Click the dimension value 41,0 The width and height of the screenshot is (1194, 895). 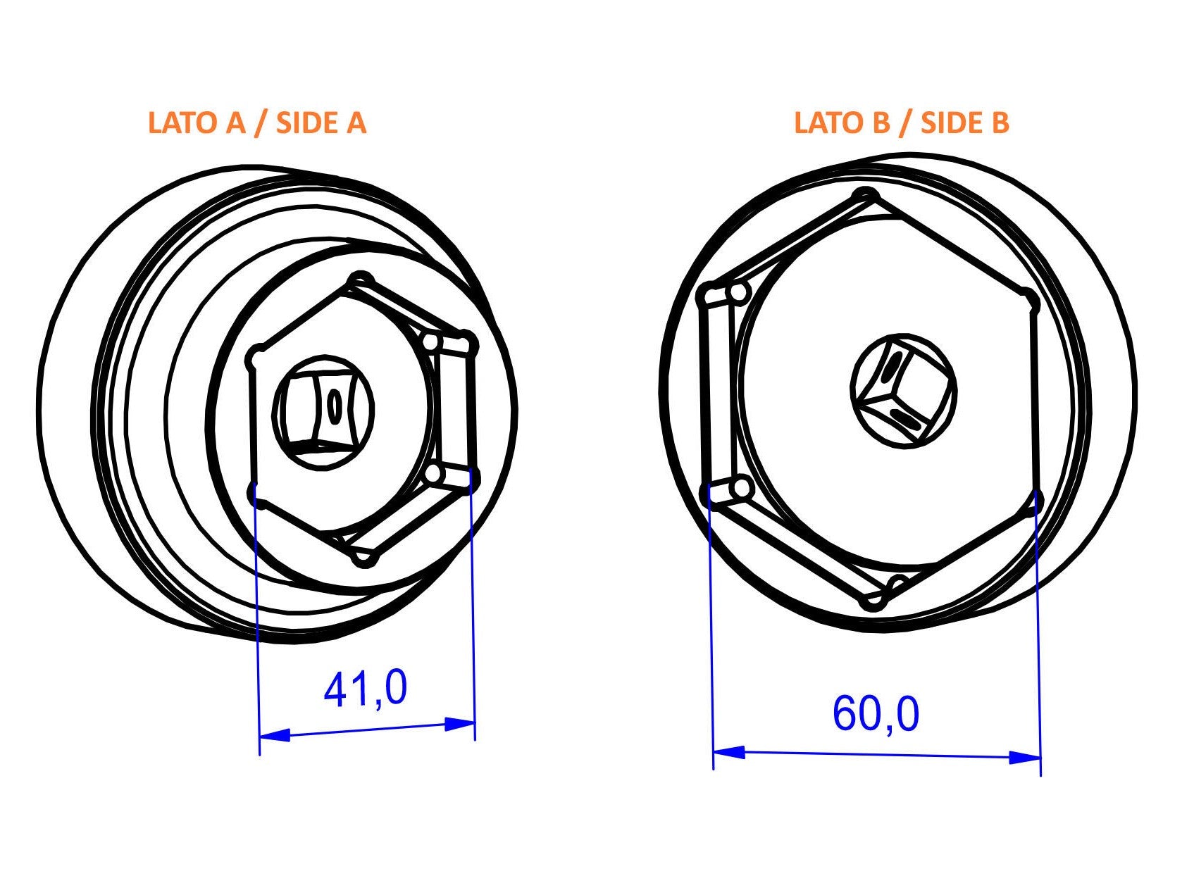pos(365,689)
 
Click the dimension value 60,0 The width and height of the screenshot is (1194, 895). pos(876,714)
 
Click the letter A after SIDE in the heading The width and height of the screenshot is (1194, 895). pos(356,123)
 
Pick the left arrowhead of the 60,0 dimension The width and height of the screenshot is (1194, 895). pos(729,752)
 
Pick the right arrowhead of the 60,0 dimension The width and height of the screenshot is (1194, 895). pos(1025,758)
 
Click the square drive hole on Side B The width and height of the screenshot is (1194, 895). pos(903,391)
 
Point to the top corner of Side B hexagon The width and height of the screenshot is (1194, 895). pos(867,195)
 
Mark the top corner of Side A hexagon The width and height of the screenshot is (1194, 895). pos(361,280)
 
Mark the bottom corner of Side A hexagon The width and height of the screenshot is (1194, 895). pos(364,558)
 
